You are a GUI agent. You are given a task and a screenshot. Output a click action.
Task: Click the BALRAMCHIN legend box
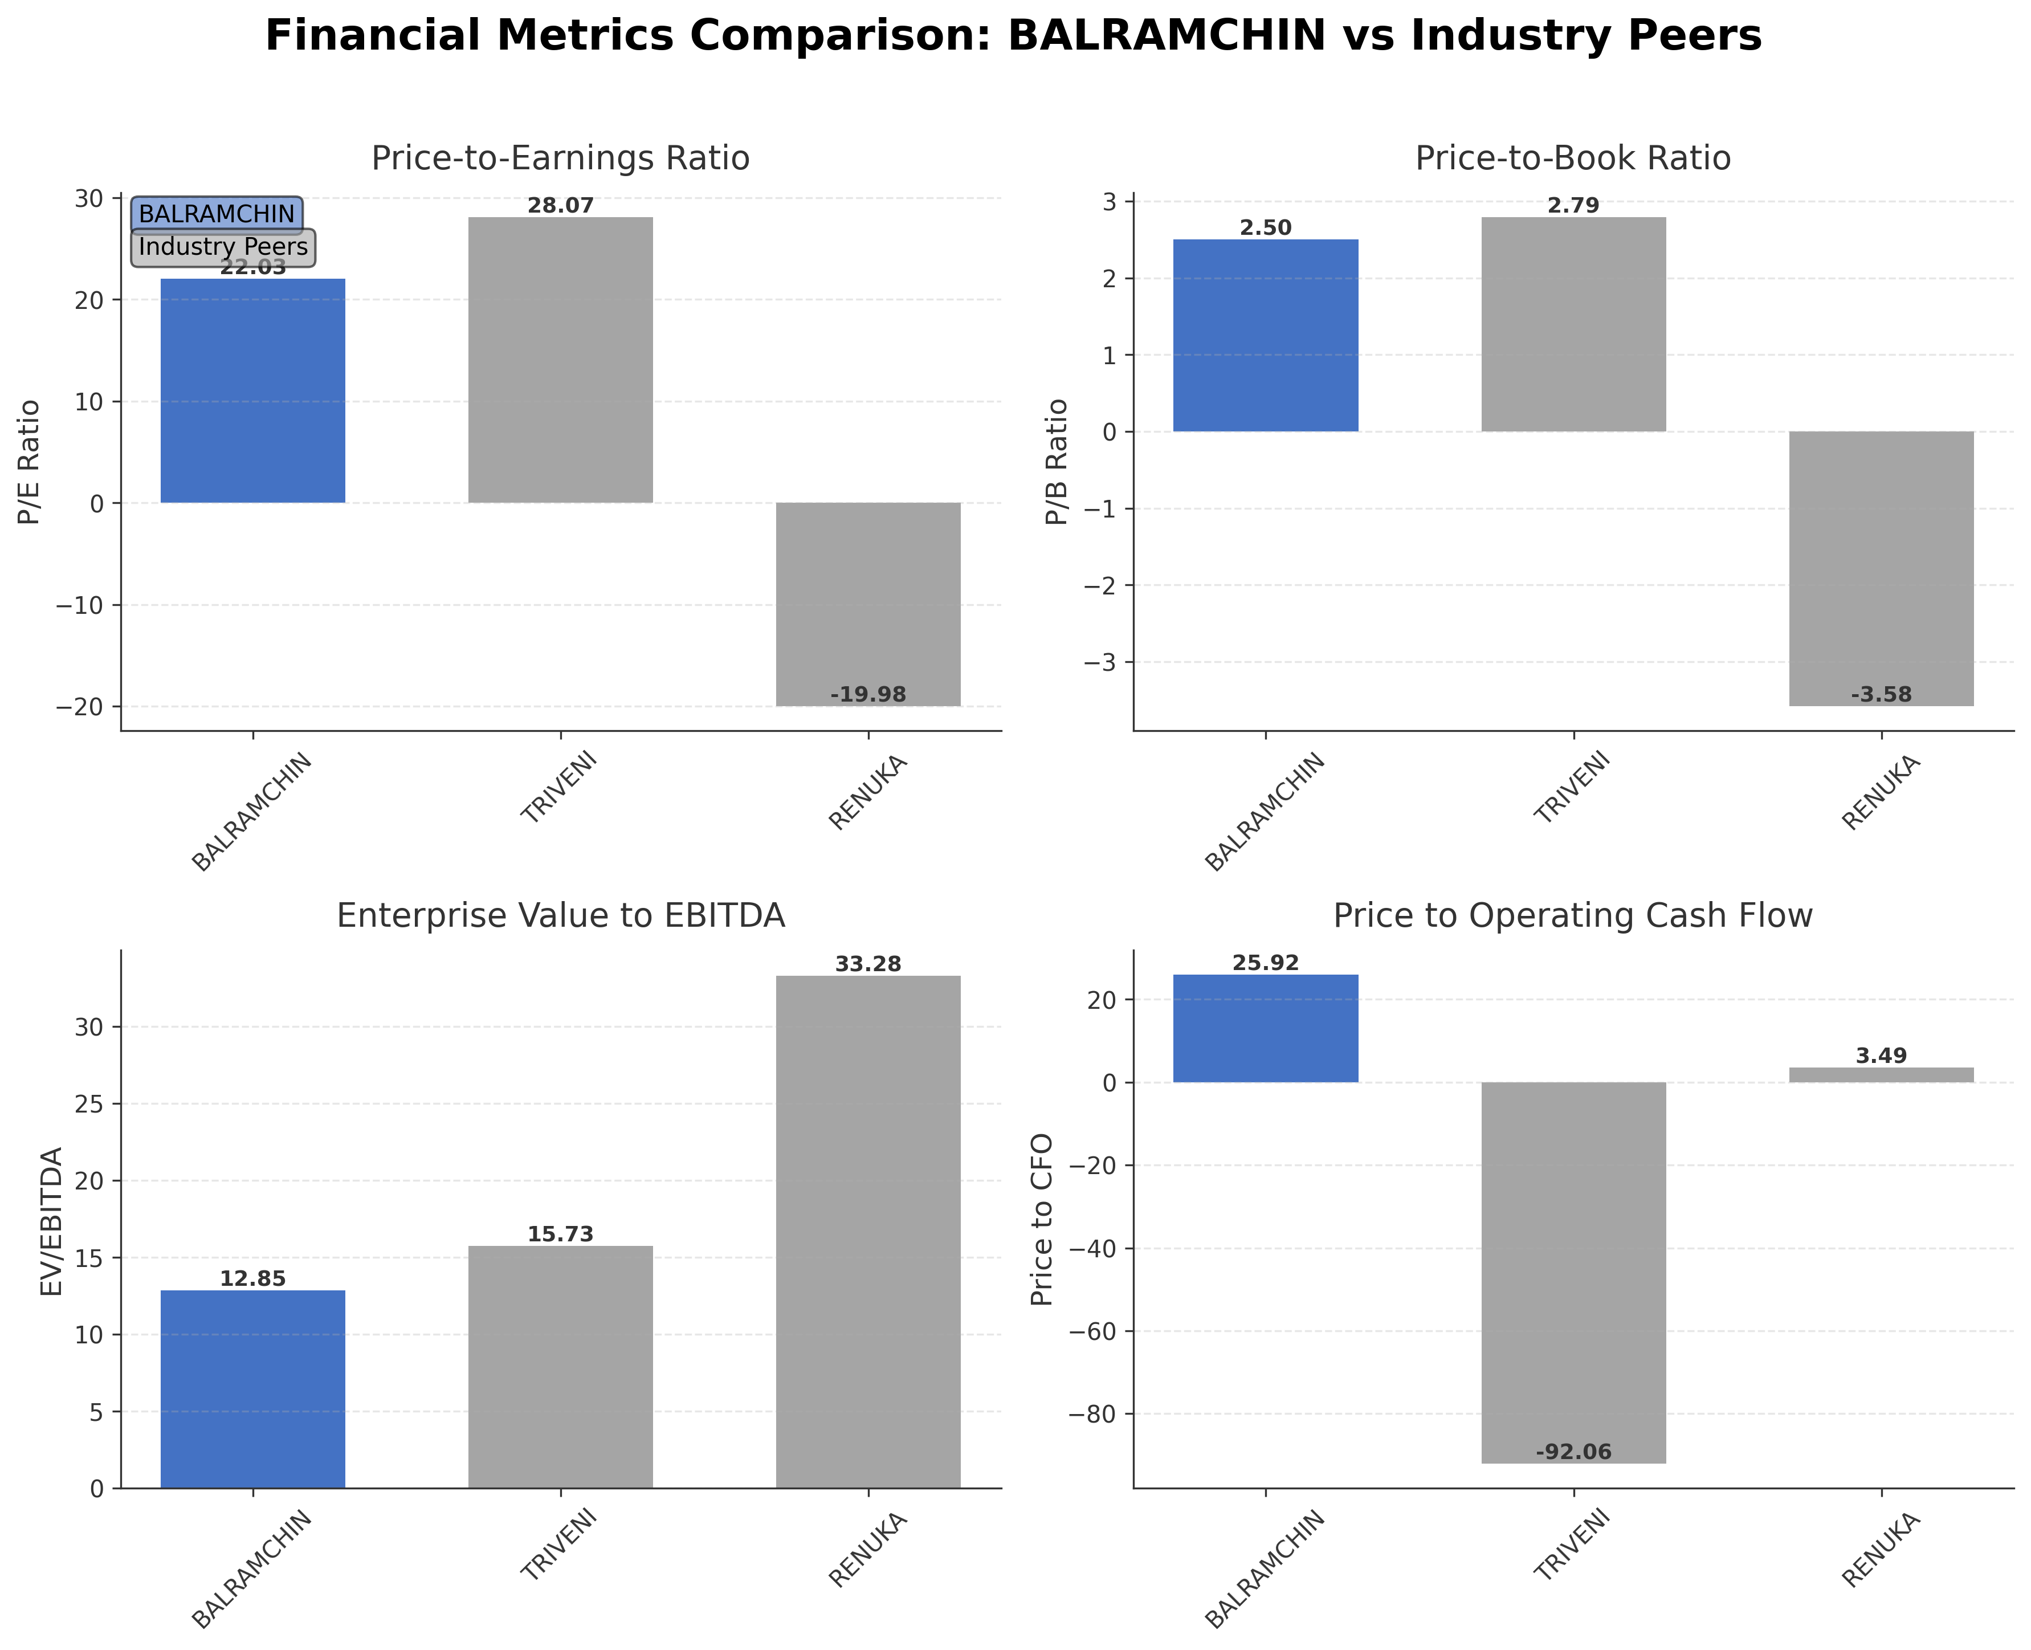click(x=217, y=214)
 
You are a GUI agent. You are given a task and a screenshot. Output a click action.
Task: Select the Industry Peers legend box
click(x=222, y=247)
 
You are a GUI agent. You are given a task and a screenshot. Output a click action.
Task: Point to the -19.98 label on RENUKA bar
click(x=868, y=695)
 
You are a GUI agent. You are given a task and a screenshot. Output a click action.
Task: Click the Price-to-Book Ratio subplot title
click(x=1573, y=158)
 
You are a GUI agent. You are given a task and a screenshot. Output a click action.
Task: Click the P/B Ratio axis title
click(x=1057, y=462)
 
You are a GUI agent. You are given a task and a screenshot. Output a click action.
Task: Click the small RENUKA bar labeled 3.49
click(x=1881, y=1075)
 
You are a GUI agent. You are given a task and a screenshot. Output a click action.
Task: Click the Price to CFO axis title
click(x=1043, y=1220)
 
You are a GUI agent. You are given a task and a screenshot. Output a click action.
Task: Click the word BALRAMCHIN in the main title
click(x=1166, y=36)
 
